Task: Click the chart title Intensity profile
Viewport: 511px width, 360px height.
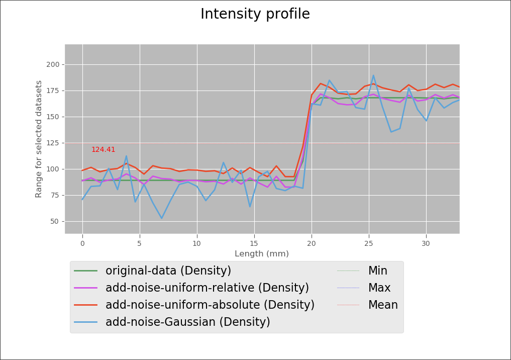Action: coord(255,14)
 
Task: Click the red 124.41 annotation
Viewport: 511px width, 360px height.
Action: coord(103,150)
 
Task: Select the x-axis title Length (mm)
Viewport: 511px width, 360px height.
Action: coord(261,254)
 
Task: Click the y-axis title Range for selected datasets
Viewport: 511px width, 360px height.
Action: coord(39,139)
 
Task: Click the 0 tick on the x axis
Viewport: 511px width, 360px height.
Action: coord(82,243)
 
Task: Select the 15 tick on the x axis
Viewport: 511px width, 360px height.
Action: coord(254,243)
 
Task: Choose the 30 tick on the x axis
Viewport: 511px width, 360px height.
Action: coord(426,243)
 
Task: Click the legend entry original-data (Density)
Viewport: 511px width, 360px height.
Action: coord(168,271)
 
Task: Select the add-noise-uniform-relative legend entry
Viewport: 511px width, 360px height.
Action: coord(207,288)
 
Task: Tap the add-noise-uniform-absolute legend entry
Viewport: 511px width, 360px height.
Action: coord(210,305)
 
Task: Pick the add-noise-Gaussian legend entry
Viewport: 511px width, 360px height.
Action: coord(187,322)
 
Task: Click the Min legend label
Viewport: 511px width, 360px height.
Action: coord(377,271)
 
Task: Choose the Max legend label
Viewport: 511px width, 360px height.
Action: coord(379,288)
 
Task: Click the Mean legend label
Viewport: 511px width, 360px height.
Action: coord(383,305)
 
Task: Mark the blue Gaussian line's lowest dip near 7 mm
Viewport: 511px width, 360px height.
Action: coord(162,218)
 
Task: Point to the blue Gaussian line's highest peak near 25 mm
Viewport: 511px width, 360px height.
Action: coord(373,75)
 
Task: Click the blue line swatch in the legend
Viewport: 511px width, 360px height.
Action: coord(85,322)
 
